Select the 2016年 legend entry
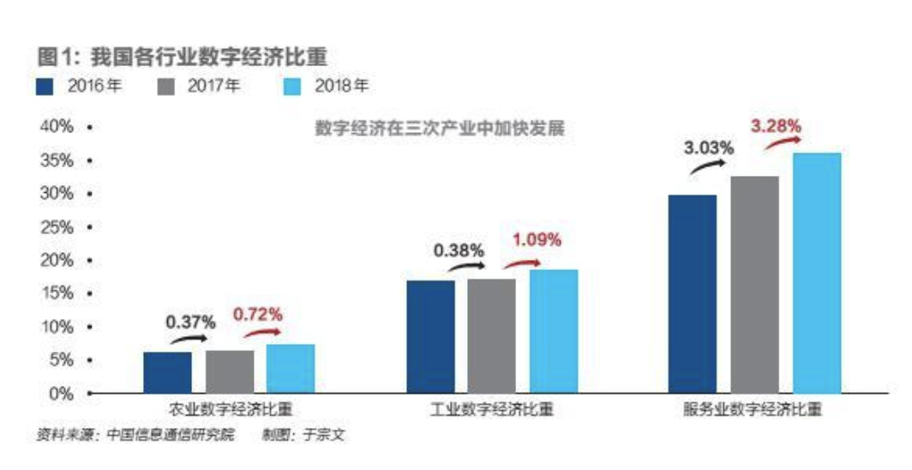click(82, 87)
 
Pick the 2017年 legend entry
click(199, 87)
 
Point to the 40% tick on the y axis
click(56, 128)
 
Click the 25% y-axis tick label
click(56, 227)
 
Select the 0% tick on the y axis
click(60, 394)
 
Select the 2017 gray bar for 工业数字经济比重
click(491, 335)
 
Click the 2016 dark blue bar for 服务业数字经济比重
click(692, 293)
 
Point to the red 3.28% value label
click(776, 127)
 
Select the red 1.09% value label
click(537, 240)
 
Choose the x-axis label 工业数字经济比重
click(492, 410)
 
